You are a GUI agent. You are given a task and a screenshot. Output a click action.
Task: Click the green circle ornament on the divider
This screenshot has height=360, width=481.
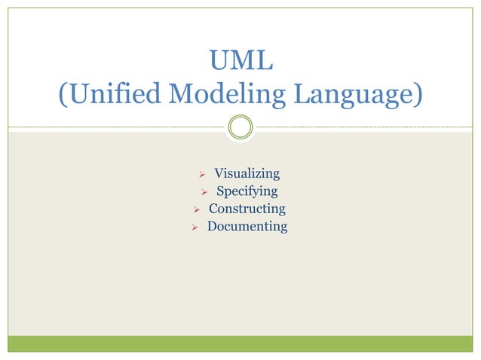coord(240,127)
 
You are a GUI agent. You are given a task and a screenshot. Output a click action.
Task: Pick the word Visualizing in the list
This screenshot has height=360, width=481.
coord(247,174)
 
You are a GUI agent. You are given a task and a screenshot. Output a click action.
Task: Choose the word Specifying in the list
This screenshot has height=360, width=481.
coord(247,191)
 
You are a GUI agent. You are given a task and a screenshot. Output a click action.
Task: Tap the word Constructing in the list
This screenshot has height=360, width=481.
coord(247,209)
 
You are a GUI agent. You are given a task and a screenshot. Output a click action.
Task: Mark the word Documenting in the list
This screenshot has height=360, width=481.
coord(247,226)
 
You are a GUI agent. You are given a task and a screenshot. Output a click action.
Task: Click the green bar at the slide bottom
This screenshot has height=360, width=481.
coord(240,343)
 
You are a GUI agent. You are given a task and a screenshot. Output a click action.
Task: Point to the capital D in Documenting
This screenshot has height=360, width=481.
coord(213,226)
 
